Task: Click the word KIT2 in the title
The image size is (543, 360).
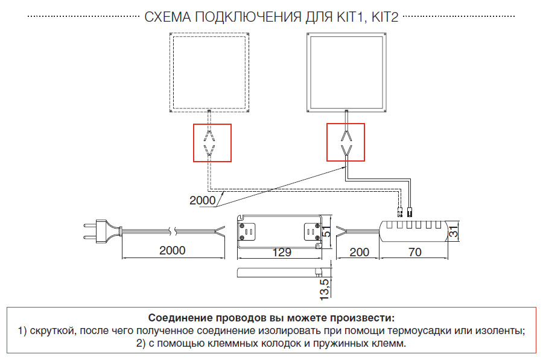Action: pyautogui.click(x=385, y=17)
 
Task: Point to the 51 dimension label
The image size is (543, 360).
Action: pyautogui.click(x=326, y=232)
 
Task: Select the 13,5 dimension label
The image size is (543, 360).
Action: pyautogui.click(x=324, y=289)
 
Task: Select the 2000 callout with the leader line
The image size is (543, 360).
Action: pyautogui.click(x=202, y=200)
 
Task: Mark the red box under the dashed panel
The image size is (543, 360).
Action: pyautogui.click(x=212, y=142)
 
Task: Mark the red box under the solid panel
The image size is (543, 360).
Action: pyautogui.click(x=346, y=142)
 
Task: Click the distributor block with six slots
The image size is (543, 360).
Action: pyautogui.click(x=414, y=230)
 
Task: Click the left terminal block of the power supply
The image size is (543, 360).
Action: pyautogui.click(x=248, y=230)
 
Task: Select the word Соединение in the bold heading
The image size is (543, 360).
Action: pyautogui.click(x=179, y=318)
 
